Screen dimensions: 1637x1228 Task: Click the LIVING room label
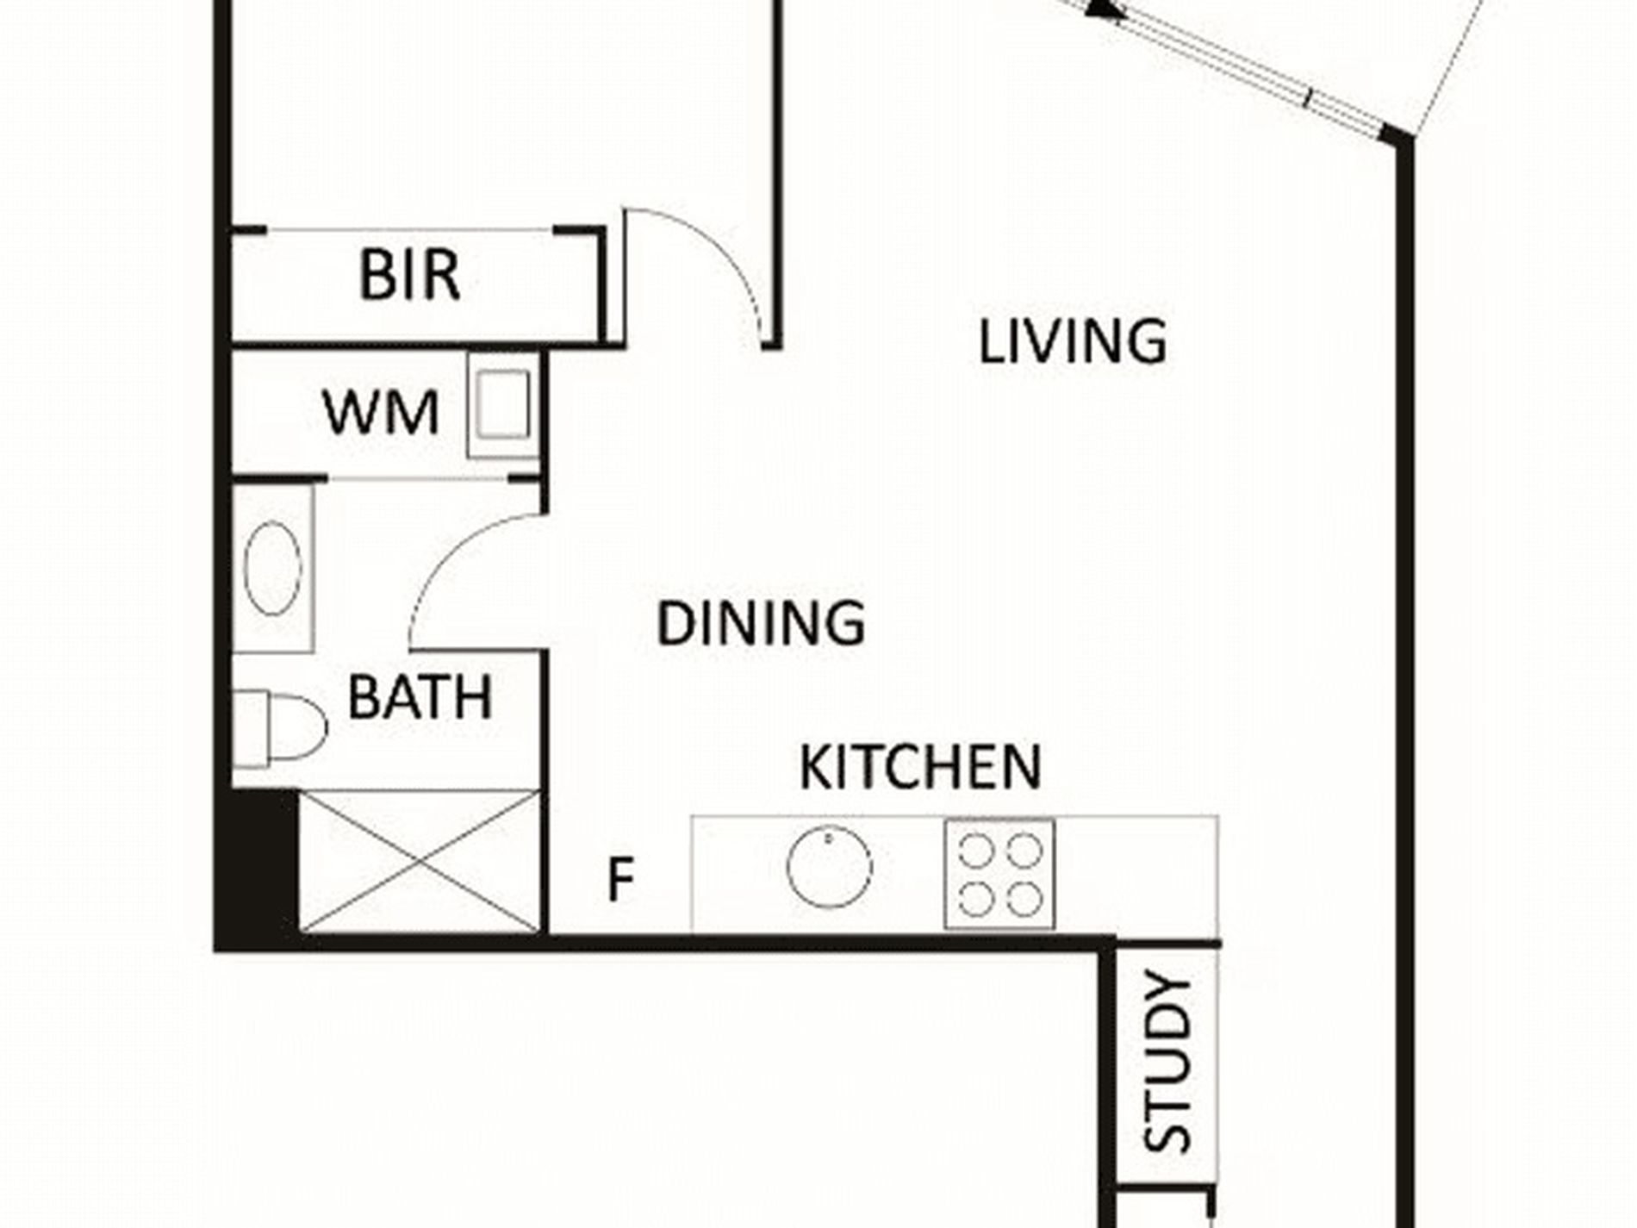1073,341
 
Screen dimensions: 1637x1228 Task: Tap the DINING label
761,623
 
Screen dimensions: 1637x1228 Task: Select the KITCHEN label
920,766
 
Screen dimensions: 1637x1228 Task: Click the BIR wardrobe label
409,276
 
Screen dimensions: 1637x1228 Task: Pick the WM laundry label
382,413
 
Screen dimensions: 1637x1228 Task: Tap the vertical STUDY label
1167,1062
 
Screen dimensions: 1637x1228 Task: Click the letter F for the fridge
620,878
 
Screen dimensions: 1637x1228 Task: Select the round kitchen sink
829,867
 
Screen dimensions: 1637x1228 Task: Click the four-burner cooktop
999,874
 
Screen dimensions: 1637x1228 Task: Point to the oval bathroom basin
273,568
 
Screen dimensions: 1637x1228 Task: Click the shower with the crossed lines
420,862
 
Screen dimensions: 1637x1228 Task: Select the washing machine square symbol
502,405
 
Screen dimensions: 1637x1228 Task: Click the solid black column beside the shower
257,868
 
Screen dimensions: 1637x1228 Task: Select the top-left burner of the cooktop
975,851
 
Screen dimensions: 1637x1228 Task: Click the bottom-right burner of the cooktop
1024,901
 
